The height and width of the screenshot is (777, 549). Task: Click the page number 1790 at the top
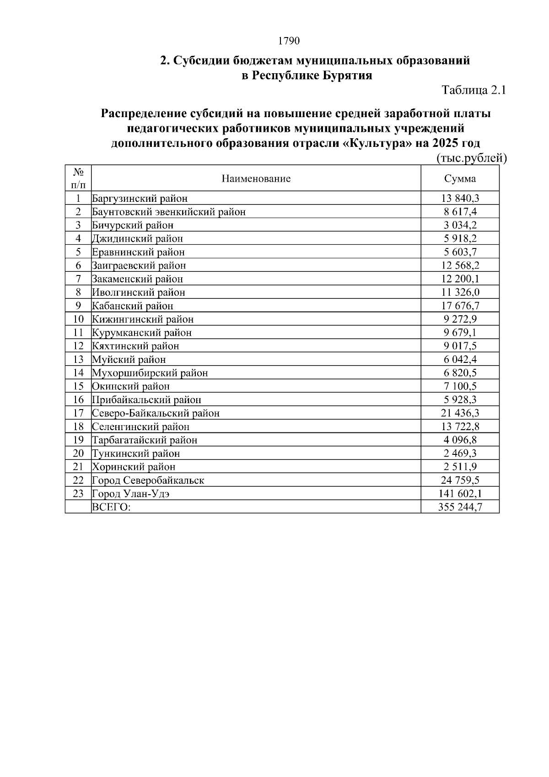pyautogui.click(x=289, y=41)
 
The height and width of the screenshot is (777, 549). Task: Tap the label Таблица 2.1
pyautogui.click(x=474, y=90)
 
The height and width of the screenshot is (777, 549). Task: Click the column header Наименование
pyautogui.click(x=256, y=178)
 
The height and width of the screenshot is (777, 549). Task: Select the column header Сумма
pyautogui.click(x=460, y=178)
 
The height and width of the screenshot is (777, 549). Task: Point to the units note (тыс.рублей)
pyautogui.click(x=469, y=158)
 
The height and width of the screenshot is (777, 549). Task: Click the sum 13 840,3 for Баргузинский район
pyautogui.click(x=460, y=198)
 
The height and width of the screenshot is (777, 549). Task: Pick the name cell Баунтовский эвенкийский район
pyautogui.click(x=169, y=212)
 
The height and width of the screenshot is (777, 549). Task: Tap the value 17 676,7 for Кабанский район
pyautogui.click(x=460, y=306)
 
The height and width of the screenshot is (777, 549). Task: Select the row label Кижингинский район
pyautogui.click(x=143, y=319)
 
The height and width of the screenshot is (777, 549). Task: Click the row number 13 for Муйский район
pyautogui.click(x=78, y=359)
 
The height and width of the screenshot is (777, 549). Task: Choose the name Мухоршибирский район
pyautogui.click(x=150, y=373)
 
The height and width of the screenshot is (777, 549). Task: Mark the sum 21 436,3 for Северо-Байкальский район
pyautogui.click(x=460, y=413)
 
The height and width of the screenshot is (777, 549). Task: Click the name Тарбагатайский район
pyautogui.click(x=145, y=440)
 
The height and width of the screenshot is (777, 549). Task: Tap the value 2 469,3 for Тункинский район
pyautogui.click(x=460, y=453)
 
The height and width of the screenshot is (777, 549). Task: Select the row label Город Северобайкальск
pyautogui.click(x=148, y=480)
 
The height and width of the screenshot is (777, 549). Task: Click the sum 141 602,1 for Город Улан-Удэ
pyautogui.click(x=460, y=494)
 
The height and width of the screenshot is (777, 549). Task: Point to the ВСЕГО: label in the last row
pyautogui.click(x=111, y=507)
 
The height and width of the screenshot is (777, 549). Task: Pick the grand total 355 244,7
pyautogui.click(x=460, y=507)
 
